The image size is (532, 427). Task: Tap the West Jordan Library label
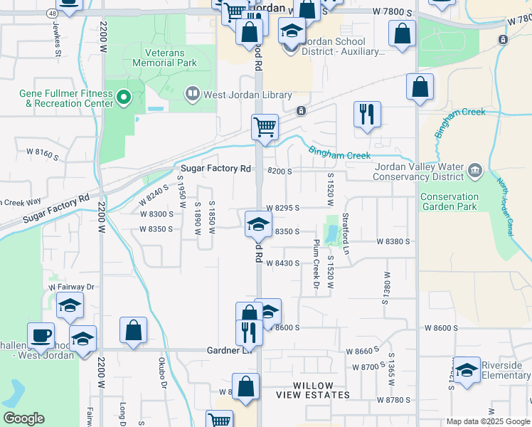[238, 95]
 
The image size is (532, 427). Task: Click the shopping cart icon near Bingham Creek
[264, 127]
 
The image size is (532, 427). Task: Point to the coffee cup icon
[41, 334]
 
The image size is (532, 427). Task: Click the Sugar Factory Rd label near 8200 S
[216, 169]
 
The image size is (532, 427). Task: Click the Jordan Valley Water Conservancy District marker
[476, 170]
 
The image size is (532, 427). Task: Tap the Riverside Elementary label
[506, 370]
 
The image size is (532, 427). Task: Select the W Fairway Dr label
[71, 287]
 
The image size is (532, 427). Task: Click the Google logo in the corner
[23, 418]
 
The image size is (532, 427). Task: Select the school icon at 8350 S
[258, 224]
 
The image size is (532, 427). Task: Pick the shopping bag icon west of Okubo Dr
[133, 330]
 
